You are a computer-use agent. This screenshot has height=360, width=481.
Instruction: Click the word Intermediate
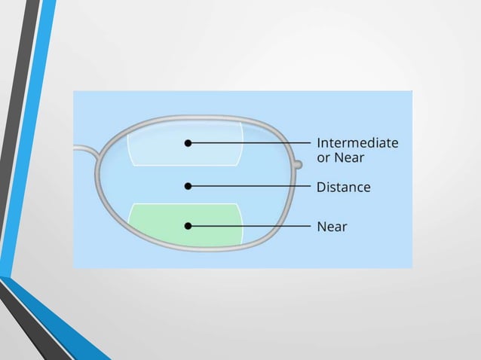click(357, 142)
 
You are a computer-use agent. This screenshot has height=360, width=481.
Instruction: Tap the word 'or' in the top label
click(324, 157)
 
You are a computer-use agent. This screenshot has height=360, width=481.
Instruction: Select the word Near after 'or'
click(351, 157)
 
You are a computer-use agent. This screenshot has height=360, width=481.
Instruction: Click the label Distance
click(343, 186)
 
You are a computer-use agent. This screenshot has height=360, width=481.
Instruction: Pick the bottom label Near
click(332, 226)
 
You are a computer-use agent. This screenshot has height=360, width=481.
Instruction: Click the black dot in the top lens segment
click(188, 142)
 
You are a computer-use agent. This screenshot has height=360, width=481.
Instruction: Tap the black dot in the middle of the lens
click(188, 185)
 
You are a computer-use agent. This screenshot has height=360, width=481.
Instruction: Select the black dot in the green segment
click(188, 225)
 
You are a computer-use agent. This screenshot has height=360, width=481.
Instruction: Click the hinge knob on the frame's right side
click(298, 163)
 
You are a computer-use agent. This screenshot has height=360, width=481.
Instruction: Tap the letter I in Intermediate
click(319, 142)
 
